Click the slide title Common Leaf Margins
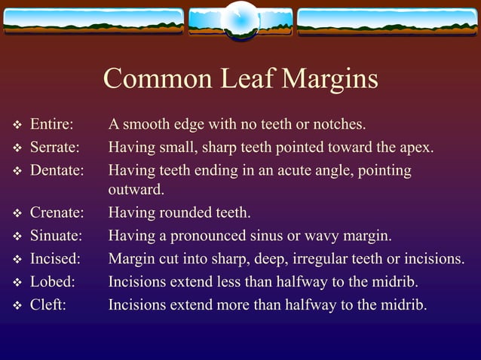[x=240, y=79]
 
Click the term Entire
[x=51, y=124]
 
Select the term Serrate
[x=54, y=147]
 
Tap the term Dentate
[x=56, y=170]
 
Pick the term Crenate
[x=57, y=213]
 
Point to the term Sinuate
[x=57, y=236]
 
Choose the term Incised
[x=55, y=260]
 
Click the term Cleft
[x=47, y=306]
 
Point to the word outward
[x=136, y=189]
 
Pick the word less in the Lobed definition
[x=254, y=282]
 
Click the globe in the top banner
[x=241, y=20]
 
